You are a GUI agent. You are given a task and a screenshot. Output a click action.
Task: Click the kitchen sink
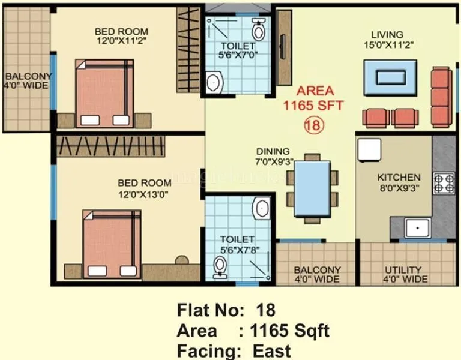point(416,228)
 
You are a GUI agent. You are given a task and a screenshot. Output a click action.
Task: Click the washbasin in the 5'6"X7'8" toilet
point(262,209)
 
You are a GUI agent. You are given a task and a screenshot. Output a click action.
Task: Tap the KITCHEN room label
point(399,178)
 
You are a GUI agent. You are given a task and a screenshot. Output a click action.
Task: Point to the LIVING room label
point(387,34)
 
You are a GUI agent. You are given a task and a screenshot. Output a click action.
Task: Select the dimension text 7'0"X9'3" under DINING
point(273,161)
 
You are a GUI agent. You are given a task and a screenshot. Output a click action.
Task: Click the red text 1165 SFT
point(313,106)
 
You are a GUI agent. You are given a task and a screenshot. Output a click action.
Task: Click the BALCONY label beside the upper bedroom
point(28,76)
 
